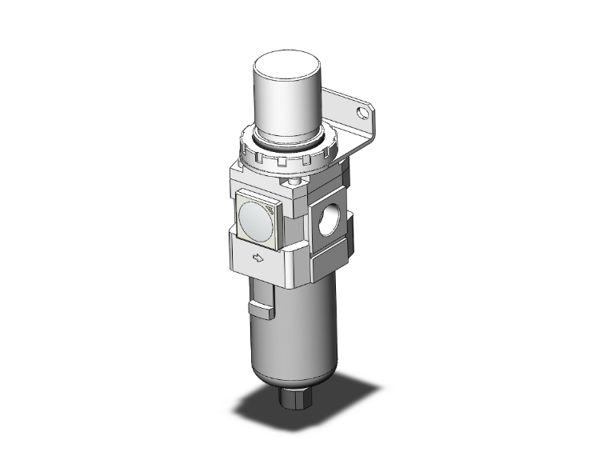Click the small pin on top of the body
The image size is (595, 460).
point(297,183)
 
